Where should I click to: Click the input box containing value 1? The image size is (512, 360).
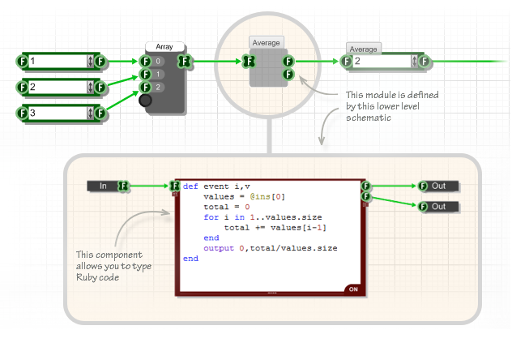pyautogui.click(x=57, y=61)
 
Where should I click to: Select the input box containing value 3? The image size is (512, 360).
pyautogui.click(x=57, y=113)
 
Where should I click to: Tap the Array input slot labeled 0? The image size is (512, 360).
pyautogui.click(x=159, y=61)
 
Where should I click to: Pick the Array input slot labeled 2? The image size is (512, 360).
pyautogui.click(x=159, y=87)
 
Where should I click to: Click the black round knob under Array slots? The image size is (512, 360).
pyautogui.click(x=146, y=101)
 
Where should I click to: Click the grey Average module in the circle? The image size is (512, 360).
pyautogui.click(x=266, y=69)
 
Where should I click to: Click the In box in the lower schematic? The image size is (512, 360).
pyautogui.click(x=103, y=186)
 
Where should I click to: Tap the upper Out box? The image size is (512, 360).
pyautogui.click(x=438, y=186)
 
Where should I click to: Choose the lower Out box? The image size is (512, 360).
pyautogui.click(x=438, y=207)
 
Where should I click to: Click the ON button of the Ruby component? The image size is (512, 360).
pyautogui.click(x=353, y=289)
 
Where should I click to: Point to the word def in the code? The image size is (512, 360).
pyautogui.click(x=190, y=186)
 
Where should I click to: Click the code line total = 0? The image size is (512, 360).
pyautogui.click(x=226, y=207)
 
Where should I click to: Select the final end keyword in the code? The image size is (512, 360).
pyautogui.click(x=190, y=259)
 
